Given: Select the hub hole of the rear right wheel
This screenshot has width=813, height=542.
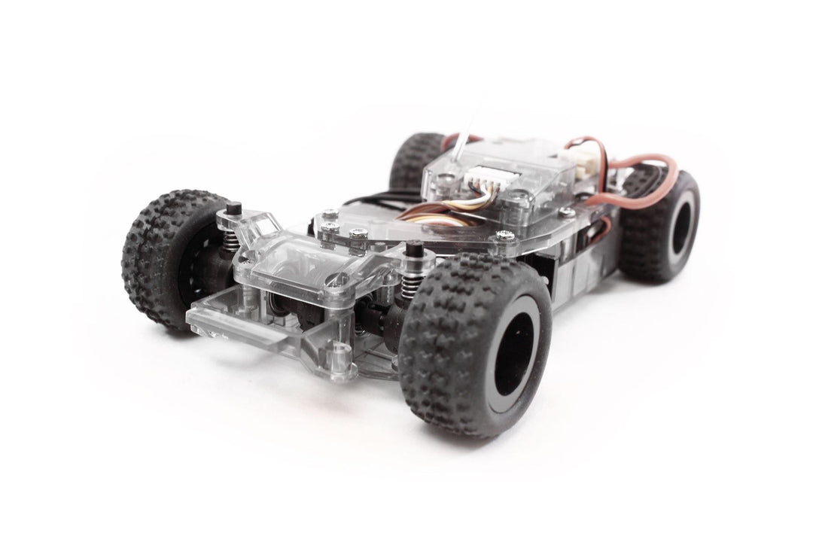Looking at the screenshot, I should pos(680,229).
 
